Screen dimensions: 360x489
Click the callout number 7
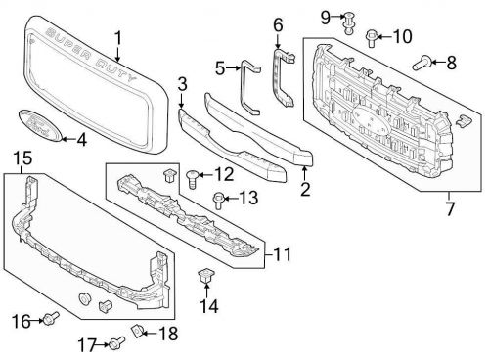coord(450,208)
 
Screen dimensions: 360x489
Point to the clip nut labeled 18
coord(138,333)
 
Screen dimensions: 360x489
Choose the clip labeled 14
coord(206,277)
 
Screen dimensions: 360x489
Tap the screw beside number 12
coord(193,179)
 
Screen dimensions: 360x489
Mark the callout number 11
coord(283,254)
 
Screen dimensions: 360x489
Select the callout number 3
coord(182,86)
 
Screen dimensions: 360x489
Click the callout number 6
coord(277,23)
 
